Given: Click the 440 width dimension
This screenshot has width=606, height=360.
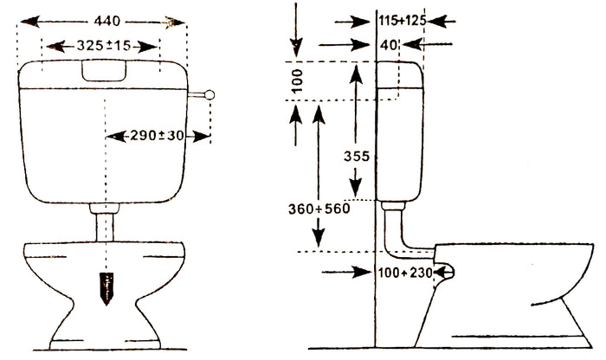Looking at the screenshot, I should [x=103, y=20].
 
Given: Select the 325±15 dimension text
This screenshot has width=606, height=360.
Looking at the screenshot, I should [x=103, y=45].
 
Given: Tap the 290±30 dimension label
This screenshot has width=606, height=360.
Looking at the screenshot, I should [x=158, y=136].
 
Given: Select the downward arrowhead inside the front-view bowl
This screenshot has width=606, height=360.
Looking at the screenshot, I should [x=106, y=290].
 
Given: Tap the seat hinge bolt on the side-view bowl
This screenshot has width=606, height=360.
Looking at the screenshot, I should [x=447, y=272].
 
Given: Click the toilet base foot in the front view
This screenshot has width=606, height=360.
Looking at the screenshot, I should [x=104, y=333].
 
